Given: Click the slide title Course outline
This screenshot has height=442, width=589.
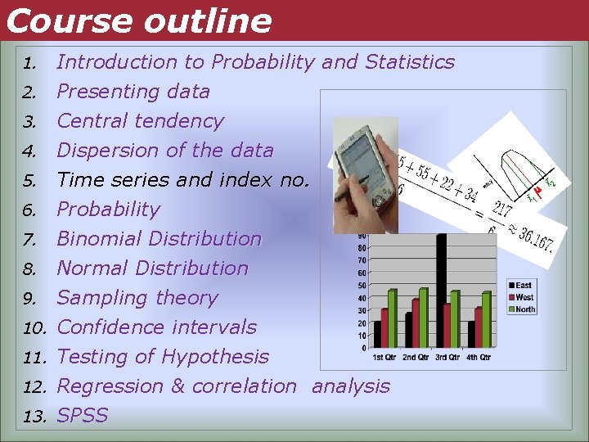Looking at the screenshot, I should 137,20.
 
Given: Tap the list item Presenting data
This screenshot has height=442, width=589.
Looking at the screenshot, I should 133,92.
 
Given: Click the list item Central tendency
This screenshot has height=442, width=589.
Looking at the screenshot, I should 140,121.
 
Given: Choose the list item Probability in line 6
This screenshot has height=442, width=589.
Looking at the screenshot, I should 108,210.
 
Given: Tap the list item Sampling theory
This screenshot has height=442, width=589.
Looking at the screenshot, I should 137,298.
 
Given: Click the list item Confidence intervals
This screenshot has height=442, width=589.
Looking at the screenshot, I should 156,327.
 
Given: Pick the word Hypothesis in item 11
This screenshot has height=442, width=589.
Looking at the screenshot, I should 215,357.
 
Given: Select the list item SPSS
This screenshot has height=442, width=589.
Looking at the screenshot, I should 83,416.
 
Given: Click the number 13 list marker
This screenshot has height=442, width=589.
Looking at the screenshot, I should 34,417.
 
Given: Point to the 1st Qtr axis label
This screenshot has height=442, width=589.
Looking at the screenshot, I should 386,357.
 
